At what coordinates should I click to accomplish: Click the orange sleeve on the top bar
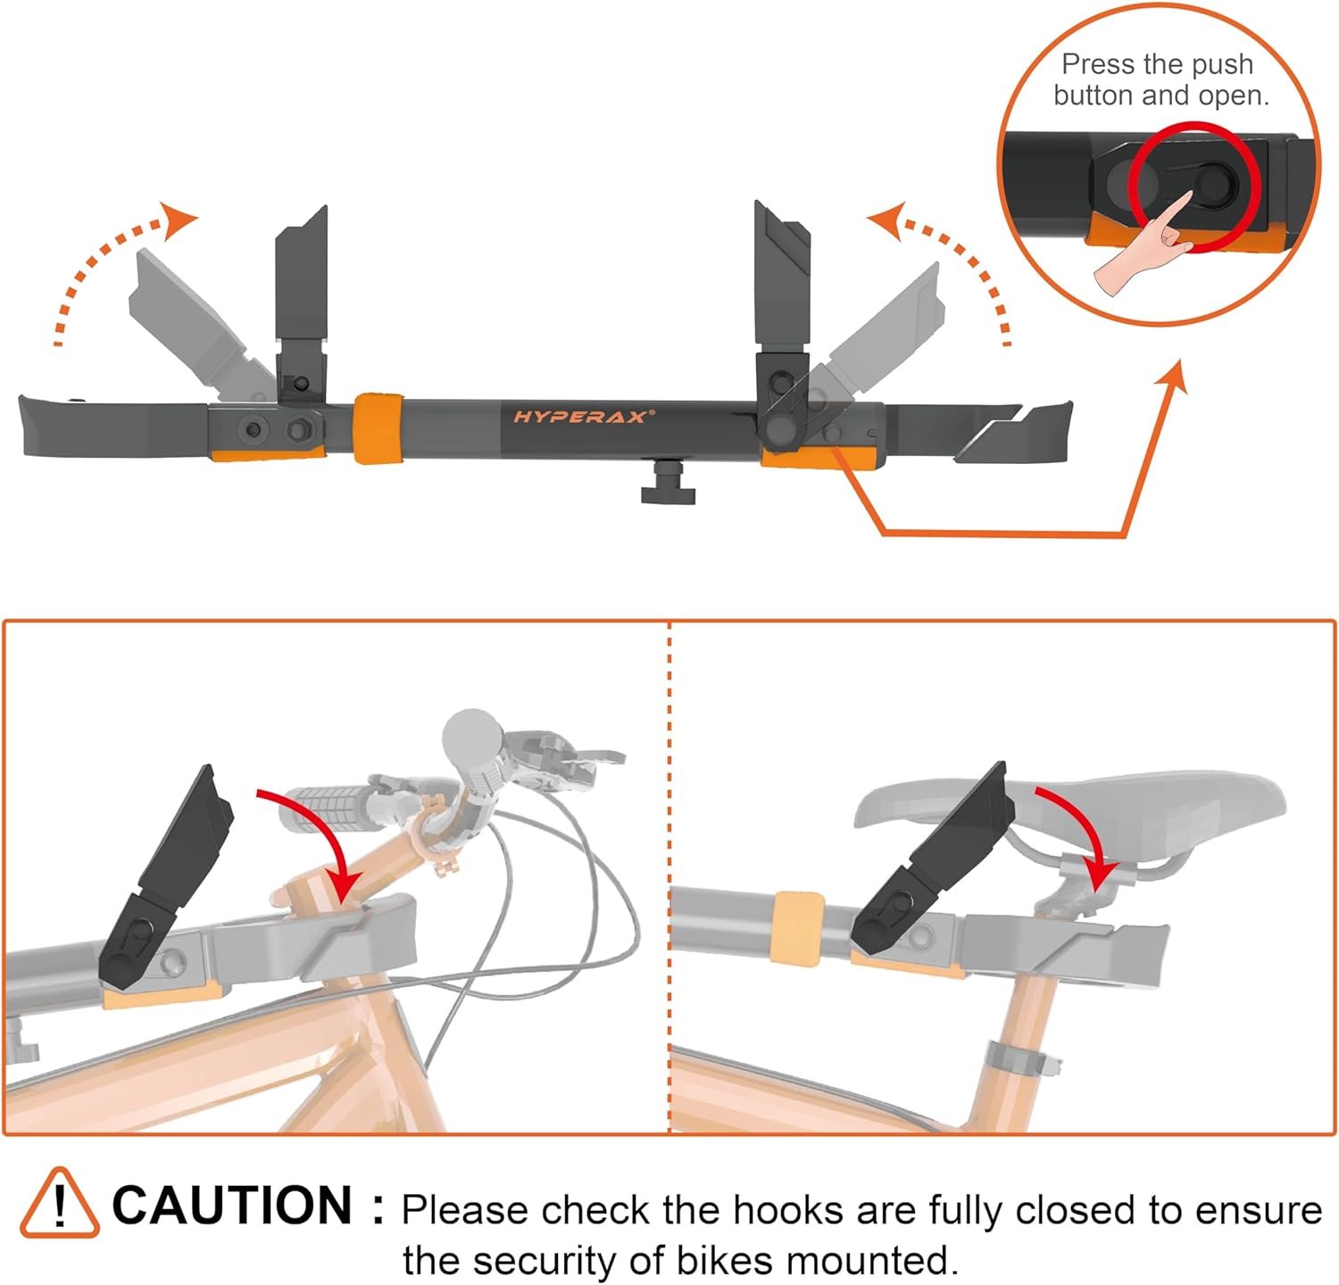pyautogui.click(x=376, y=427)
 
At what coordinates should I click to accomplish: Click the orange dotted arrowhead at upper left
pyautogui.click(x=179, y=220)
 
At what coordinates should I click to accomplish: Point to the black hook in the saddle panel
pyautogui.click(x=928, y=861)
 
